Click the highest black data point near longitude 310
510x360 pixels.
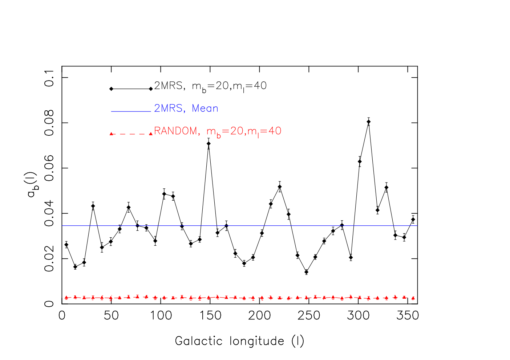[368, 122]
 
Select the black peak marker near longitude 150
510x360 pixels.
[209, 143]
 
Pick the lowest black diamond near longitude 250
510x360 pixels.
[306, 272]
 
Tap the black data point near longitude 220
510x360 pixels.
[280, 187]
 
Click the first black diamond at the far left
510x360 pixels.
[66, 245]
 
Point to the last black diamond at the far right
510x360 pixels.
[413, 220]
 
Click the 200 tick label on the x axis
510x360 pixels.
[259, 316]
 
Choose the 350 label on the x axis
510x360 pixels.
[408, 316]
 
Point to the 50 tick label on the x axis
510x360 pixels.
[111, 316]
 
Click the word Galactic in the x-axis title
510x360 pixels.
[199, 341]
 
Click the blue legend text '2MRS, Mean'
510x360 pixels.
[186, 108]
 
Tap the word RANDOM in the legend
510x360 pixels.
[175, 131]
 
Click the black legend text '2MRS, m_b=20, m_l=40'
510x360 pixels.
[210, 87]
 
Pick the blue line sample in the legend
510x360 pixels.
[131, 111]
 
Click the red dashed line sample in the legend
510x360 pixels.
[131, 134]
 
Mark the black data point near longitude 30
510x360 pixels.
[93, 206]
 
